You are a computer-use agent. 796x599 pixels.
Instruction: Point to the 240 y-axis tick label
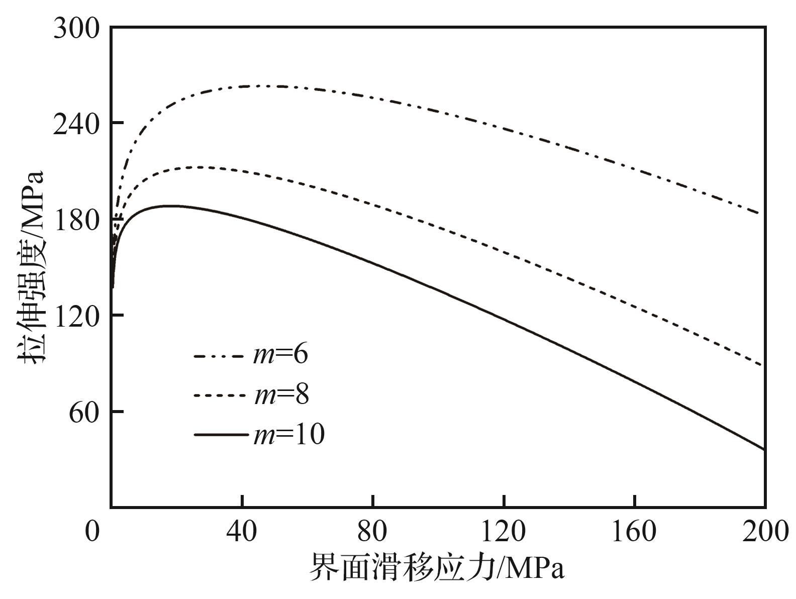point(77,123)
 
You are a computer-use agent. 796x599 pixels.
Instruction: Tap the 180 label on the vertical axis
point(77,220)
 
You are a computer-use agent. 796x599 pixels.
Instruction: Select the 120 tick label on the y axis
point(77,316)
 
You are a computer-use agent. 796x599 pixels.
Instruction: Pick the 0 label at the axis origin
point(92,531)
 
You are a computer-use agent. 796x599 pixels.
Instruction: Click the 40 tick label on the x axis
point(242,531)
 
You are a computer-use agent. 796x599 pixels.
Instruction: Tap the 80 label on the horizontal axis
point(373,531)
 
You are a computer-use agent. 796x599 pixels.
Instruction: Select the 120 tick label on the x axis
point(504,531)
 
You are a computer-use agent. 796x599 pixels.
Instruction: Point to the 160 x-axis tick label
point(634,531)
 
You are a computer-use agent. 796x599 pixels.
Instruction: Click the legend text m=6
point(280,355)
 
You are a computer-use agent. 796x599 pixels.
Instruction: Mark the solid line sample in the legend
point(221,435)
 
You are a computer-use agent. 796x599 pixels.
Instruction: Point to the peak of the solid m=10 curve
point(166,206)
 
